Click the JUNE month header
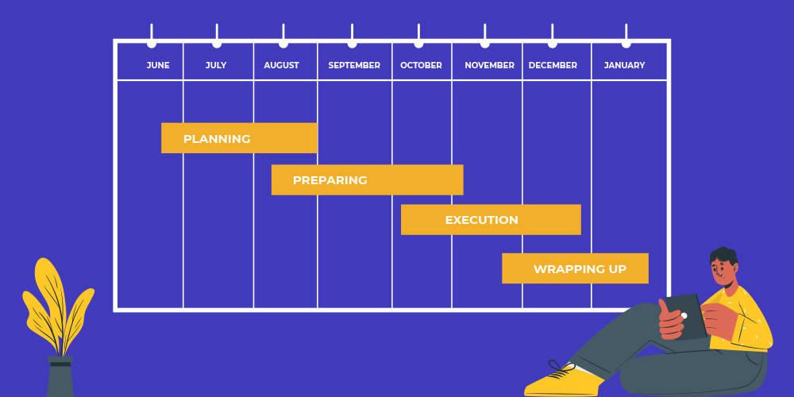point(158,65)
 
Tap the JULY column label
point(216,65)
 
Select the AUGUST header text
point(281,65)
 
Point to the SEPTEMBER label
point(354,65)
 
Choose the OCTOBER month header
point(421,65)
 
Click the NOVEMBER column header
point(489,65)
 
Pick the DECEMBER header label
point(553,65)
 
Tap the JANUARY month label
point(624,65)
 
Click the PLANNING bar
point(239,137)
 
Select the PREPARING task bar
point(367,179)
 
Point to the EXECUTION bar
point(491,220)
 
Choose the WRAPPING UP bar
point(575,268)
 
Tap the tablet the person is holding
point(686,317)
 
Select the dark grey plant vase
point(60,376)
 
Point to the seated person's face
point(723,275)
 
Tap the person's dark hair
point(724,256)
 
